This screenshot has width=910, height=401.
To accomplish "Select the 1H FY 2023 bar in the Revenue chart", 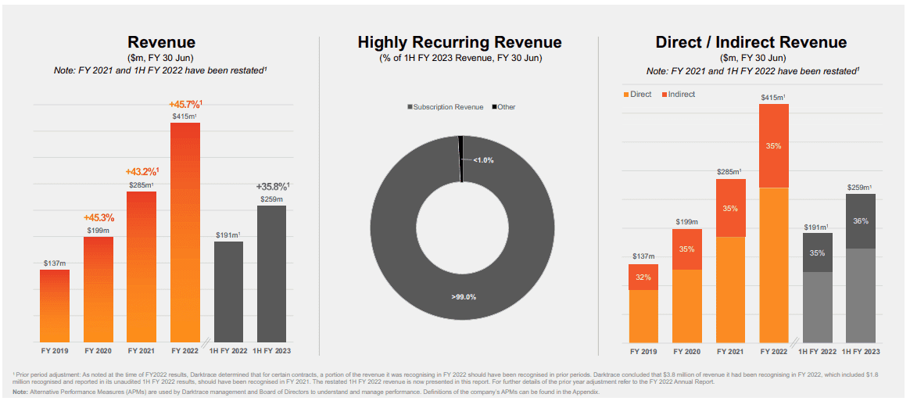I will (x=271, y=274).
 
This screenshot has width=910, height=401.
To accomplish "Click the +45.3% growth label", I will (x=99, y=217).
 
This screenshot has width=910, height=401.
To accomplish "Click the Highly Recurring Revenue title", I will (x=460, y=43).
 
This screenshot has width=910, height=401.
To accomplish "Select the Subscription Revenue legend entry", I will (x=445, y=107).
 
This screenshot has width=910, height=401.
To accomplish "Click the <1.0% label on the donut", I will (x=483, y=160).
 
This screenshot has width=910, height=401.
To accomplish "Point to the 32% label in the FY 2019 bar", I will (x=643, y=277).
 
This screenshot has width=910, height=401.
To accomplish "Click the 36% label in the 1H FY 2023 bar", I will (x=860, y=221).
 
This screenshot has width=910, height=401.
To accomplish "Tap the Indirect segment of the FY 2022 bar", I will (x=774, y=146).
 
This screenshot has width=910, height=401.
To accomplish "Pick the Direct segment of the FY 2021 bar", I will (x=730, y=289).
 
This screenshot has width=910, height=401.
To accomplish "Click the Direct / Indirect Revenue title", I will (x=751, y=43).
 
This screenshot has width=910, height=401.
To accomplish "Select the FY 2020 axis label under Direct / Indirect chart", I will (x=686, y=352).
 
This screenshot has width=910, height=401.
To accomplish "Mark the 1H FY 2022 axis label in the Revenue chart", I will (x=228, y=352).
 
